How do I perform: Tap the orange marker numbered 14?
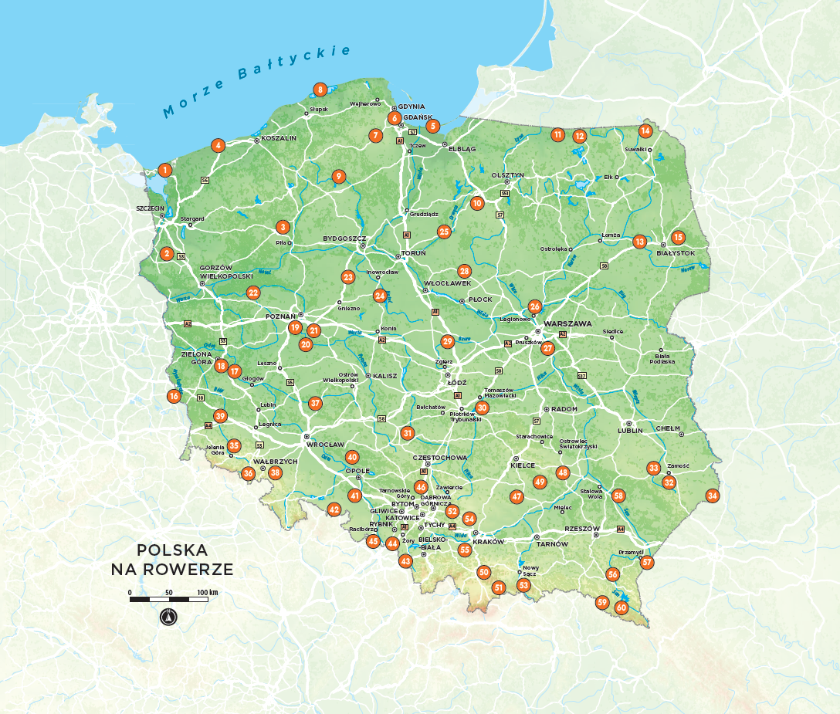[x=645, y=130]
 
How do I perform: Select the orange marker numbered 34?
[x=713, y=496]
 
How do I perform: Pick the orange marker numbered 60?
[x=622, y=607]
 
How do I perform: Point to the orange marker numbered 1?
[x=164, y=170]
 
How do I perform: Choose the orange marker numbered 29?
[x=447, y=342]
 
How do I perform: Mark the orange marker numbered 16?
[x=174, y=397]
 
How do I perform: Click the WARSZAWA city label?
[x=567, y=323]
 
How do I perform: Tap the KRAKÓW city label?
[x=487, y=542]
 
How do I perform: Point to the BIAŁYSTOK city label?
[x=676, y=253]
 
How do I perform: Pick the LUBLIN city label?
[x=629, y=431]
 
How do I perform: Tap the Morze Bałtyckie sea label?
[x=256, y=82]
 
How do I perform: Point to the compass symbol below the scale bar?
[x=169, y=617]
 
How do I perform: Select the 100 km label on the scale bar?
[x=208, y=592]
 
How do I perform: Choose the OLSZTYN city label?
[x=507, y=175]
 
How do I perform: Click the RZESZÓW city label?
[x=582, y=529]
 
